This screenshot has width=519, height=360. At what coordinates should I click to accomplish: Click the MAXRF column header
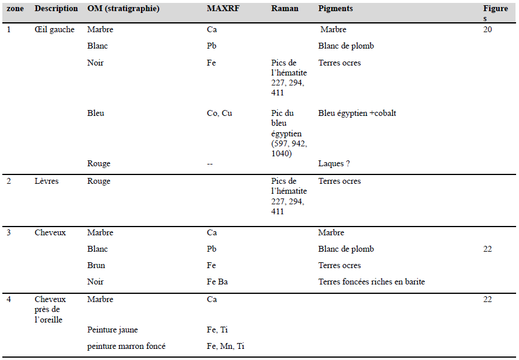tap(222, 9)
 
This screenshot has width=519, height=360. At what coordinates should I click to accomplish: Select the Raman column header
tap(284, 9)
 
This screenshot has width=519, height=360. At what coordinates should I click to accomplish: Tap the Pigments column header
tap(335, 9)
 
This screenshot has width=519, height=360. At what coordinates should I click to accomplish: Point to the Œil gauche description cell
tap(54, 29)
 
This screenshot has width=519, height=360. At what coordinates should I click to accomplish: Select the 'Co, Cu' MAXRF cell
tap(219, 113)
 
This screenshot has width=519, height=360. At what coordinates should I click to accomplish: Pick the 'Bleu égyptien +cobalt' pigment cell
tap(357, 113)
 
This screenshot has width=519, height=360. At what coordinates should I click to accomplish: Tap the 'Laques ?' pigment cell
tap(334, 163)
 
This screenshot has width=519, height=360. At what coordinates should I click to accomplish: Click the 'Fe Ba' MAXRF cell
tap(217, 282)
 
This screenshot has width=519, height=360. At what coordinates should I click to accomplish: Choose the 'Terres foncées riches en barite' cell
tap(372, 282)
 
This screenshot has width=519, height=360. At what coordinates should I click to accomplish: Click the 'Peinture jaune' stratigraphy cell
tap(112, 330)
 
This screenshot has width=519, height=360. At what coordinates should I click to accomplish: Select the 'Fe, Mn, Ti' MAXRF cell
tap(225, 346)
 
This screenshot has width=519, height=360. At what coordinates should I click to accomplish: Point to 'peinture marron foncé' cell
tap(126, 346)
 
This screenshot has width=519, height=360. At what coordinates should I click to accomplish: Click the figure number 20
tap(487, 29)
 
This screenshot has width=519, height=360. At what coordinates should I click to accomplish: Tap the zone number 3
tap(9, 232)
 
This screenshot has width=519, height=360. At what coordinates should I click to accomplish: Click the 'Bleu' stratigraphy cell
tap(95, 113)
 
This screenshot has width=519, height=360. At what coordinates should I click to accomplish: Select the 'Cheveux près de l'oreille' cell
tap(50, 309)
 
